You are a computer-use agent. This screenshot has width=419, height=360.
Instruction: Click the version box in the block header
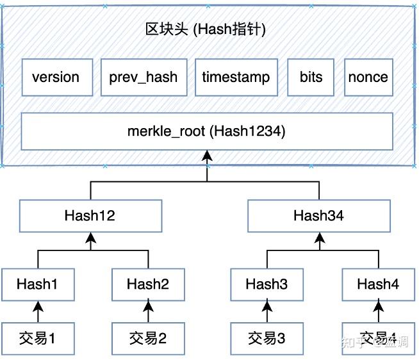click(x=56, y=78)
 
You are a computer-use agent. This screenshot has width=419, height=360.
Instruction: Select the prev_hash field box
click(x=144, y=78)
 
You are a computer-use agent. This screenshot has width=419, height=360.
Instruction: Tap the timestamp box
click(x=236, y=78)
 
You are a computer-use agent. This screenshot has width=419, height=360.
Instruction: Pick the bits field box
click(x=311, y=78)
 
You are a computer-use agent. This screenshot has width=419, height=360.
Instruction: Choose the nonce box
click(x=368, y=78)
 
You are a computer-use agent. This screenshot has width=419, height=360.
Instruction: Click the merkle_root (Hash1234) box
click(x=206, y=132)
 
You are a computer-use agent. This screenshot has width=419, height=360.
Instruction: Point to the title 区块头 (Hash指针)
click(x=206, y=29)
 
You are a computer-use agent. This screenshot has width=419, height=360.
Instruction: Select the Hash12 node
click(x=90, y=216)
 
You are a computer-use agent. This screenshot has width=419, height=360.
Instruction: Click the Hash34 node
click(x=318, y=216)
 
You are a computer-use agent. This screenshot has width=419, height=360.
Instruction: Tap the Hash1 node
click(x=38, y=284)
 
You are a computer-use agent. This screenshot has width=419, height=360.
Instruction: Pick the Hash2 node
click(x=148, y=284)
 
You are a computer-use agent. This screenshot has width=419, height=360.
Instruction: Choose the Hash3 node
click(x=267, y=284)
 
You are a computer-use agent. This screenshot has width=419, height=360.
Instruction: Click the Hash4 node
click(x=378, y=284)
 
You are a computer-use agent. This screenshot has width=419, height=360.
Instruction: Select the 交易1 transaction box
click(x=38, y=338)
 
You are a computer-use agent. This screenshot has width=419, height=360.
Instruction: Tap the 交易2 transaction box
click(x=148, y=338)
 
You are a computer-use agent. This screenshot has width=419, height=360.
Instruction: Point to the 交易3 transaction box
click(x=267, y=338)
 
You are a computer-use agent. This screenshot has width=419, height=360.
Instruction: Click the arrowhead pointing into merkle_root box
click(x=206, y=155)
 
